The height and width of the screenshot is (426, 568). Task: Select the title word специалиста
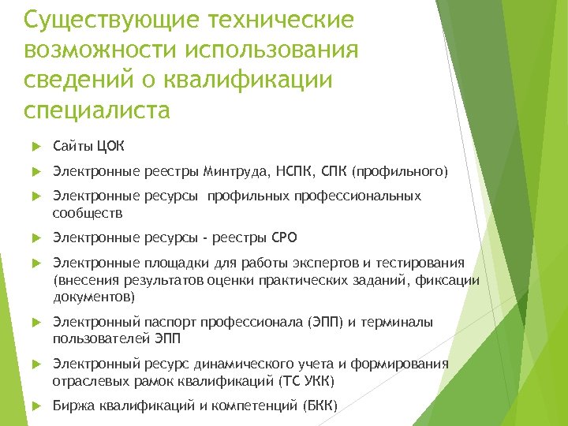(97, 110)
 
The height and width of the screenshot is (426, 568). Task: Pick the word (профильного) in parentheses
(400, 171)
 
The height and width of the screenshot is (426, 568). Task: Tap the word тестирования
(427, 263)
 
